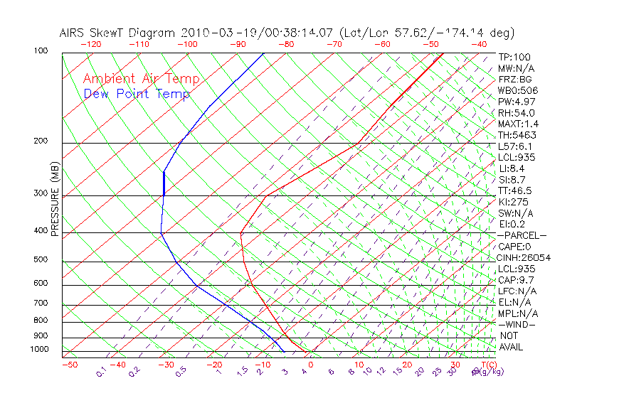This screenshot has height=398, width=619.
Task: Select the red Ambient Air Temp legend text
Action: click(142, 80)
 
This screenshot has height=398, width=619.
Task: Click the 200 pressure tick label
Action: click(41, 141)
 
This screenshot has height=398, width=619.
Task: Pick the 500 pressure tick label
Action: click(41, 260)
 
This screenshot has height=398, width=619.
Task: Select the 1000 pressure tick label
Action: click(39, 350)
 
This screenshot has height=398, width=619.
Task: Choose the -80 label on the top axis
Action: click(287, 44)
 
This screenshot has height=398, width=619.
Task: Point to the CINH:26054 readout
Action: click(524, 258)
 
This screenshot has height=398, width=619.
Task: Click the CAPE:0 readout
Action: click(514, 247)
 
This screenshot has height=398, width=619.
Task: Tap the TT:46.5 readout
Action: click(515, 191)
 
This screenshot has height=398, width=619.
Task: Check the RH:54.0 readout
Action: click(516, 113)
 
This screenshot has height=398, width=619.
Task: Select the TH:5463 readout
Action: click(517, 135)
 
